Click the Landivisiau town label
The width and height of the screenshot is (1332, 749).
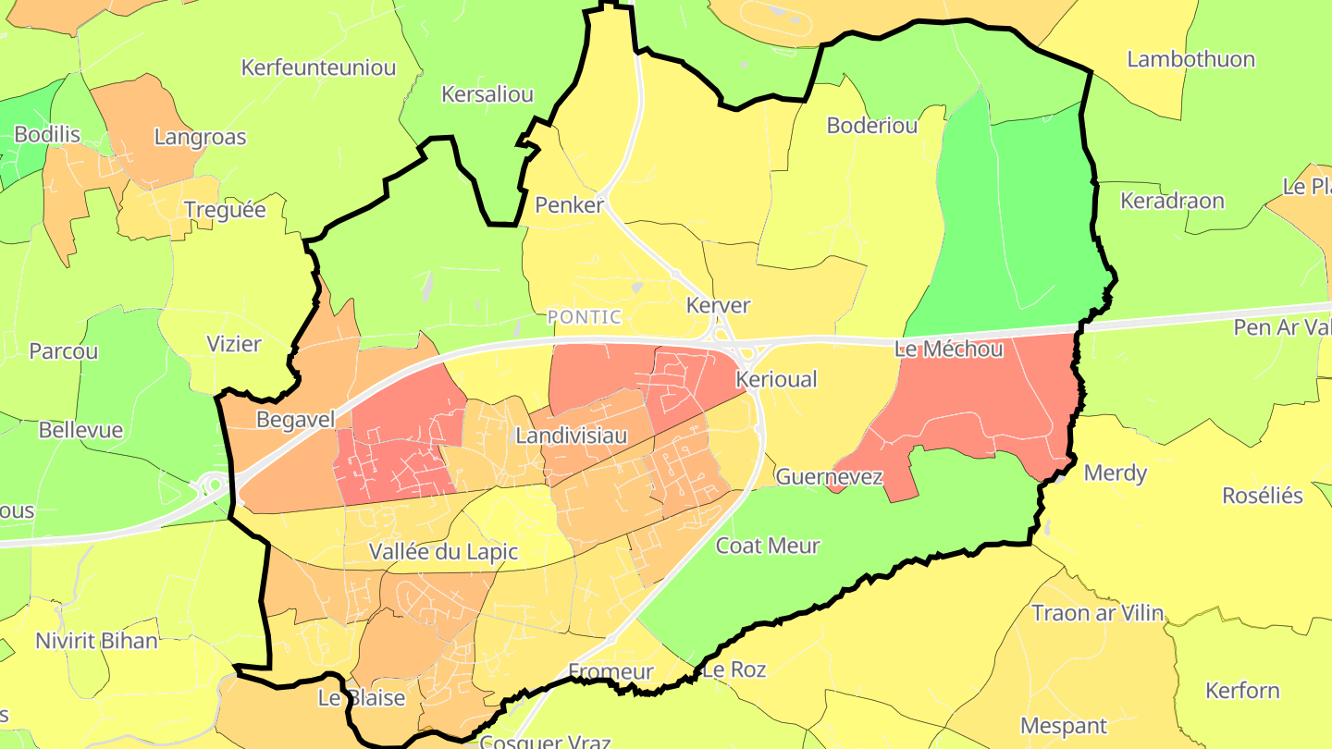point(572,436)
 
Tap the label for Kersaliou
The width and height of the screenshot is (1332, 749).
point(487,94)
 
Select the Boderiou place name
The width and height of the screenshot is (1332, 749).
point(871,125)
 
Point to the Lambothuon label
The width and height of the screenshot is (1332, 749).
point(1190,60)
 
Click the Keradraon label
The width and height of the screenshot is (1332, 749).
point(1171,201)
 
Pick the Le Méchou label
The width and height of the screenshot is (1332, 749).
point(948,350)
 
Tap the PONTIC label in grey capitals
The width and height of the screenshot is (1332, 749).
point(585,317)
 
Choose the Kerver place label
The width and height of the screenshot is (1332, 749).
point(718,305)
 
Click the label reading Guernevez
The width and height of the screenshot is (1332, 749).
point(829,477)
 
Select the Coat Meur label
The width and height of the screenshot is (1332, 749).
point(768,546)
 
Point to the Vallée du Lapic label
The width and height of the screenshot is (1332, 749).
point(443,552)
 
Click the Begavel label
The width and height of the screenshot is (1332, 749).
point(295,420)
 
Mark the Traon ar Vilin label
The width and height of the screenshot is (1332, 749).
point(1097,613)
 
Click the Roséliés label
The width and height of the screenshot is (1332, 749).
point(1262,496)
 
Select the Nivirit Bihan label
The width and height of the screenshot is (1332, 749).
point(96,641)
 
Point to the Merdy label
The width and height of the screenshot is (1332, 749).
point(1115,473)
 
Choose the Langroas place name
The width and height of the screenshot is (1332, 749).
point(200,138)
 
